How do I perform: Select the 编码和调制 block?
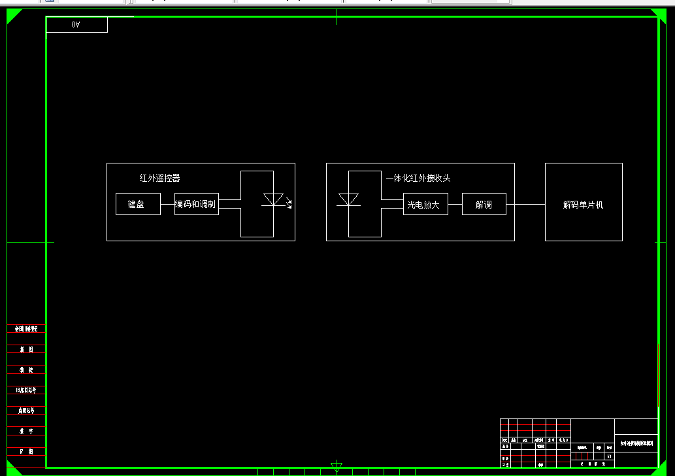coord(196,204)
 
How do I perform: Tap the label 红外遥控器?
coord(159,178)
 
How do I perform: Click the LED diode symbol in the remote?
coord(272,200)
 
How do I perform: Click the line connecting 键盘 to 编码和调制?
coord(167,204)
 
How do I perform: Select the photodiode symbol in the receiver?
coord(348,199)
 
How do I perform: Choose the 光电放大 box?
coord(425,204)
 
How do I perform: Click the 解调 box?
coord(484,204)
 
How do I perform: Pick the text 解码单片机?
coord(584,205)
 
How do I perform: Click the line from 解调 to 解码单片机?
coord(525,204)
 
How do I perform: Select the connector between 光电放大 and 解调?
coord(455,204)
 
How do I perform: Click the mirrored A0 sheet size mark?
coord(76,25)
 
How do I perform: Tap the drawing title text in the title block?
coord(636,443)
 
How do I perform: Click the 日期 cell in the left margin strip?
coord(26,452)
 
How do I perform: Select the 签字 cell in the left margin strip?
coord(26,432)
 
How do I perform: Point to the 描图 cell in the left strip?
coord(26,350)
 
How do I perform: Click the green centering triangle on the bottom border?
coord(337,466)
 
